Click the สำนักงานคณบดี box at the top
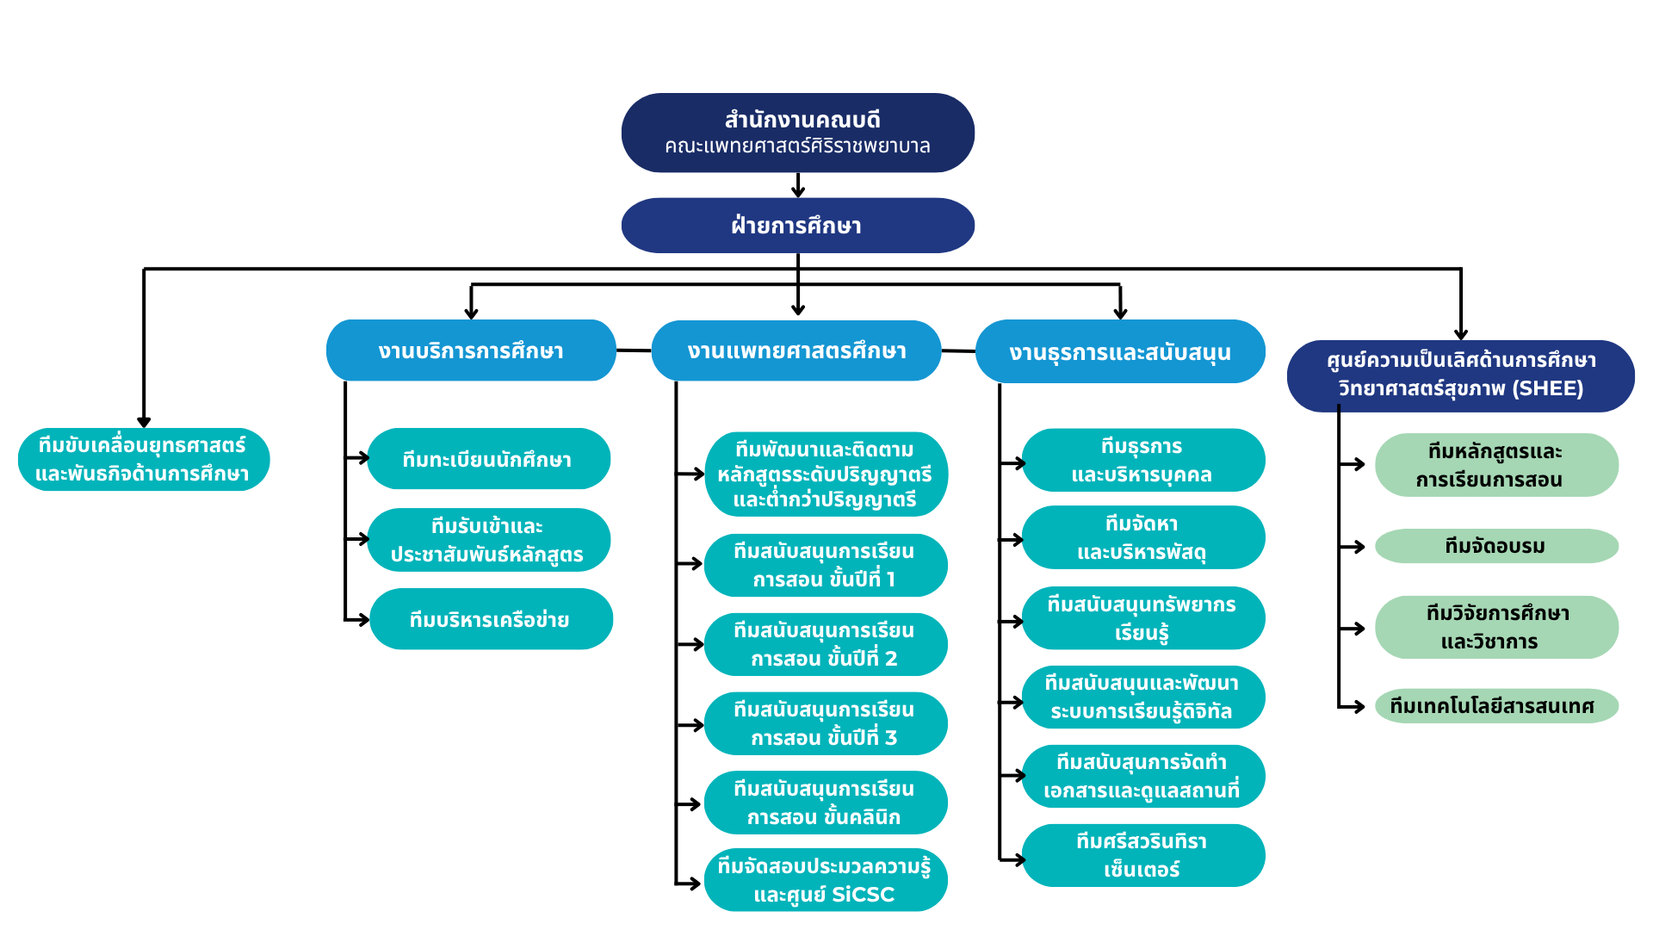tap(798, 133)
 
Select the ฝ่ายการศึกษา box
tap(798, 226)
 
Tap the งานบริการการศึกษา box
tap(471, 350)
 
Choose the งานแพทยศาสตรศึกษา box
tap(796, 350)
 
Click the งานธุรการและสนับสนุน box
tap(1120, 351)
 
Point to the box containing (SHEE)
tap(1461, 375)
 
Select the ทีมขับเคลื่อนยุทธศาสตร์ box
tap(144, 460)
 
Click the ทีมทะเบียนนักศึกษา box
tap(489, 459)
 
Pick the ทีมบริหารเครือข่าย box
tap(491, 619)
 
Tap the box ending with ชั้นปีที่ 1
tap(826, 566)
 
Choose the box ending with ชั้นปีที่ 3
tap(826, 724)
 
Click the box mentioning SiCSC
tap(826, 880)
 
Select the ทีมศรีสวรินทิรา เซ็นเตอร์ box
tap(1143, 856)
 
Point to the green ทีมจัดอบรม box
tap(1497, 546)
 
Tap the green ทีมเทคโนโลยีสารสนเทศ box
tap(1497, 706)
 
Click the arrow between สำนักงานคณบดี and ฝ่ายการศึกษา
tap(798, 185)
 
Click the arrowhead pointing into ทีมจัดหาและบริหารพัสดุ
tap(1018, 540)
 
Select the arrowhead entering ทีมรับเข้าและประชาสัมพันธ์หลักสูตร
tap(363, 539)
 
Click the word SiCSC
tap(864, 895)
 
